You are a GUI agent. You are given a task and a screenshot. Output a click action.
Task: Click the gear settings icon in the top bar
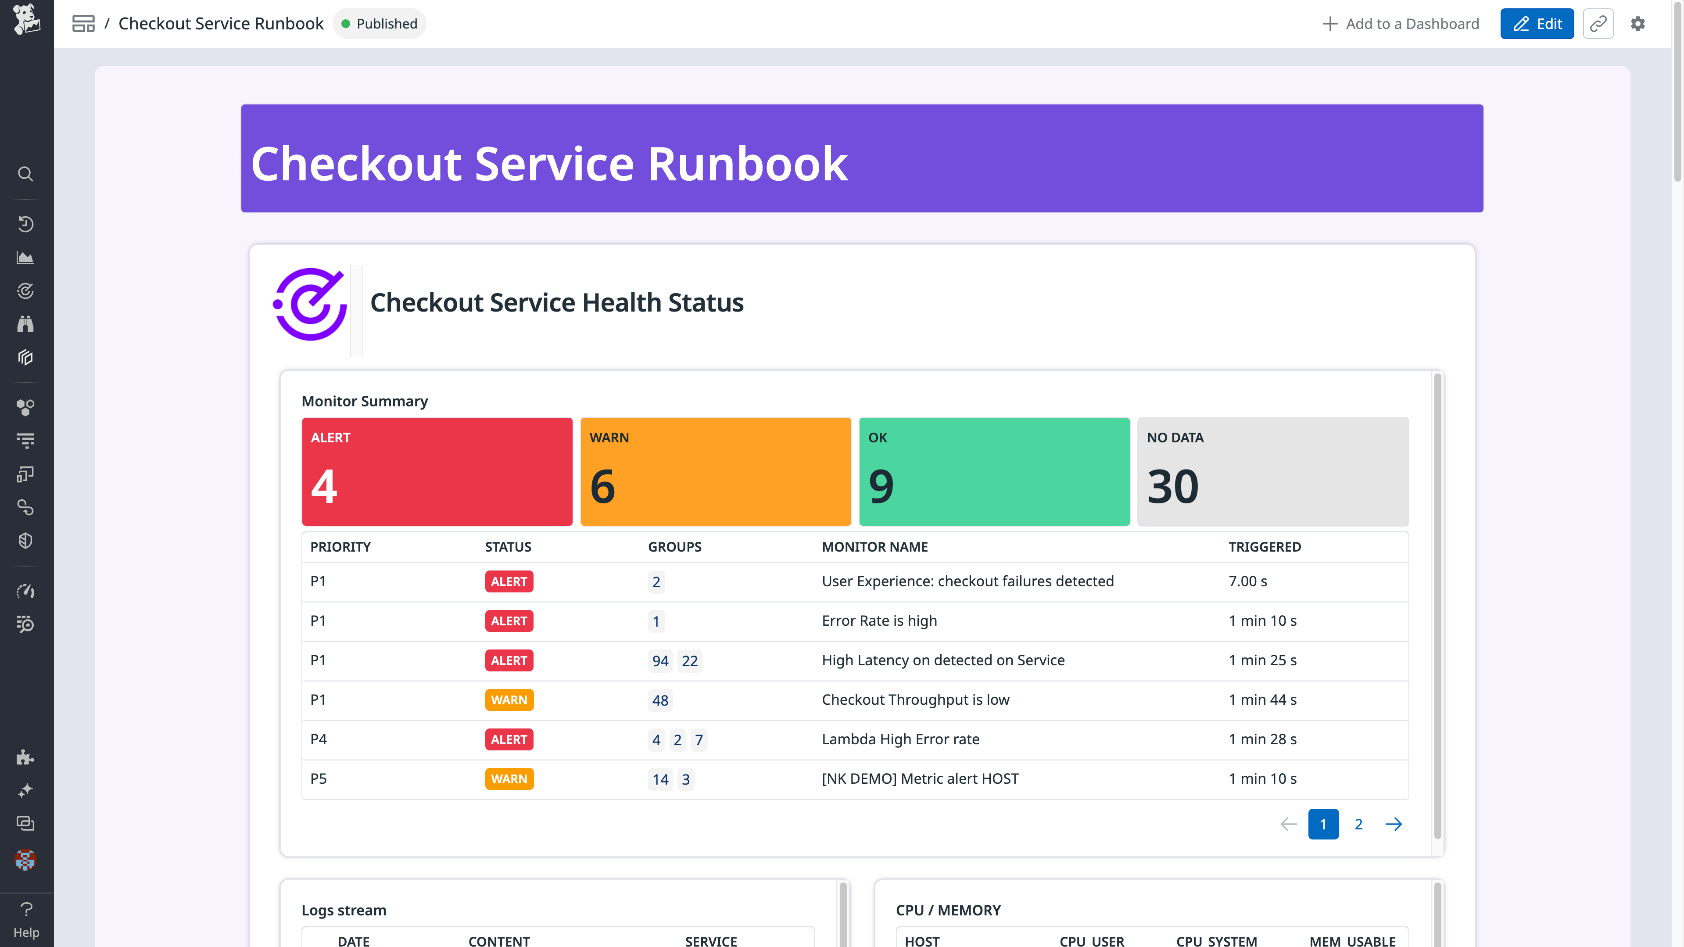pyautogui.click(x=1637, y=24)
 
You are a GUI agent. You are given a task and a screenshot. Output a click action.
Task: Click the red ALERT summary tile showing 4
pyautogui.click(x=437, y=471)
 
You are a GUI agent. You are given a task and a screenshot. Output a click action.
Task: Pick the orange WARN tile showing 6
pyautogui.click(x=715, y=471)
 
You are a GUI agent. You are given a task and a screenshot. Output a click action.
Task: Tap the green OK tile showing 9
pyautogui.click(x=994, y=471)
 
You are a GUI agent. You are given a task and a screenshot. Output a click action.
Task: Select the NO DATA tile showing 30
pyautogui.click(x=1272, y=471)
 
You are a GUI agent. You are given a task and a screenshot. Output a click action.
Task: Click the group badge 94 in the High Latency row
pyautogui.click(x=659, y=660)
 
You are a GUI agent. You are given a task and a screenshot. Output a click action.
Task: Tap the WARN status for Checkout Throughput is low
pyautogui.click(x=509, y=700)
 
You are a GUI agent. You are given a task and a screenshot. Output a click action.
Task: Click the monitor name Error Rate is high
pyautogui.click(x=878, y=621)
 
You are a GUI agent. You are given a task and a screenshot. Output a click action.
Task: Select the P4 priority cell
pyautogui.click(x=319, y=739)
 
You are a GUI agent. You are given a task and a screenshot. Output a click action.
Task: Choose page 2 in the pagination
pyautogui.click(x=1358, y=824)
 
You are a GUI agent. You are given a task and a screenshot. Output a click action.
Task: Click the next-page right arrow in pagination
pyautogui.click(x=1393, y=824)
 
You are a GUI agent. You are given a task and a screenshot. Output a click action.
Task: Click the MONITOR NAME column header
pyautogui.click(x=874, y=547)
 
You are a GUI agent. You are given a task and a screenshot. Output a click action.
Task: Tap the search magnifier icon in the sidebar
pyautogui.click(x=25, y=174)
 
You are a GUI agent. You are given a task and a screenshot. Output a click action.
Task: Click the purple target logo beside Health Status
pyautogui.click(x=310, y=304)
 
